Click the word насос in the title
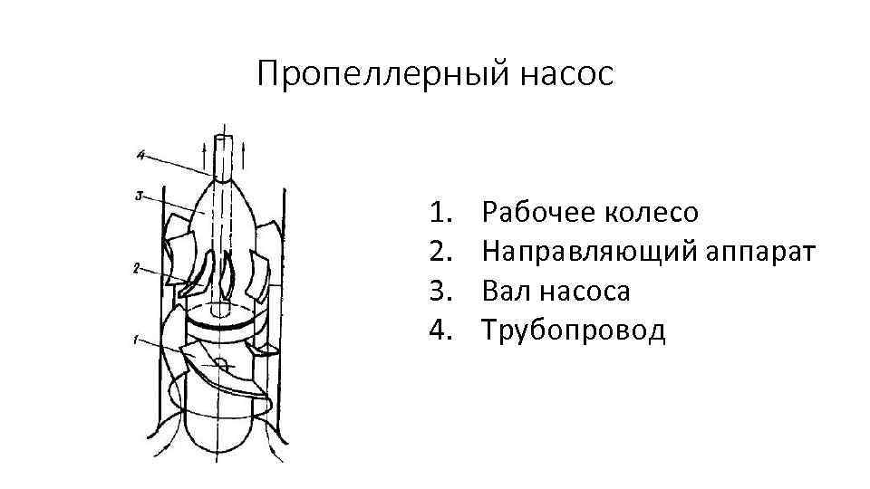click(x=566, y=73)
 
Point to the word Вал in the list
click(x=507, y=291)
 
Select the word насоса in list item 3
click(x=586, y=291)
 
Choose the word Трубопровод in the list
click(x=574, y=330)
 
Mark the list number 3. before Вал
click(x=441, y=291)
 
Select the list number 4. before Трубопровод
click(x=441, y=330)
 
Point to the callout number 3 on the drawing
click(x=137, y=194)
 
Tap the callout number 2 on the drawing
click(x=134, y=267)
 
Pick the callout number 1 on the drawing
click(x=134, y=340)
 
